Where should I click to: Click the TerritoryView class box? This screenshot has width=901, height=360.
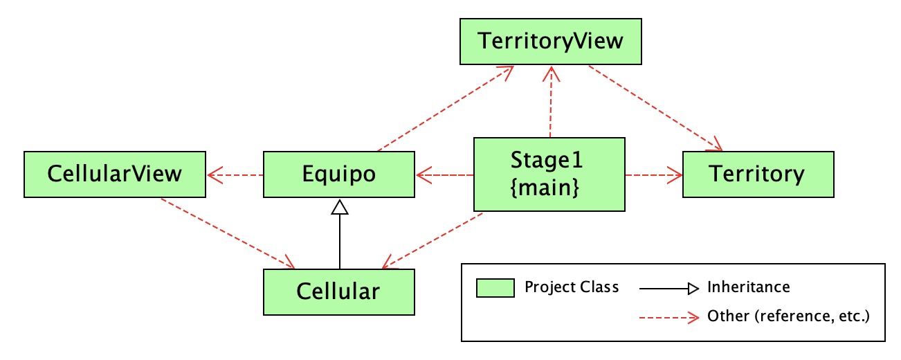pyautogui.click(x=551, y=42)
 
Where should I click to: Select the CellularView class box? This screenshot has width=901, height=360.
pyautogui.click(x=115, y=174)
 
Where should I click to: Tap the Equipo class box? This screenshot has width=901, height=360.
pyautogui.click(x=339, y=174)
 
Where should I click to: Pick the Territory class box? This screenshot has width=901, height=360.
pyautogui.click(x=758, y=174)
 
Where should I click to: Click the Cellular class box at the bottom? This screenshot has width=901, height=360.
pyautogui.click(x=339, y=292)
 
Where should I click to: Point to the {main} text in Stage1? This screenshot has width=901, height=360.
pyautogui.click(x=545, y=188)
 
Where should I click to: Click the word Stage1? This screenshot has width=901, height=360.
pyautogui.click(x=547, y=161)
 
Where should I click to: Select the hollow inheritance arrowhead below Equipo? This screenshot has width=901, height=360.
pyautogui.click(x=340, y=207)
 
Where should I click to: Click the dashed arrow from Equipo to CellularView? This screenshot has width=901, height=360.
pyautogui.click(x=235, y=175)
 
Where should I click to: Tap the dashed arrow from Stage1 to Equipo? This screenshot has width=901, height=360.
pyautogui.click(x=445, y=175)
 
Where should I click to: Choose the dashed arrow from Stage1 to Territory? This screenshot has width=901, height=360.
pyautogui.click(x=654, y=175)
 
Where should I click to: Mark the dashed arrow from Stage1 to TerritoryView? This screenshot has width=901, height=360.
pyautogui.click(x=551, y=102)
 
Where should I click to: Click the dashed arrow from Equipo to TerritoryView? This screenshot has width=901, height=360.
pyautogui.click(x=446, y=109)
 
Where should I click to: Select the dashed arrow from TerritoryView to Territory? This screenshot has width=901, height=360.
pyautogui.click(x=655, y=109)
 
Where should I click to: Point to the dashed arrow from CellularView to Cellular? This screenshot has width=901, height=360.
pyautogui.click(x=228, y=234)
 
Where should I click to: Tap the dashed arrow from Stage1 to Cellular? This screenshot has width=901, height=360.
pyautogui.click(x=433, y=240)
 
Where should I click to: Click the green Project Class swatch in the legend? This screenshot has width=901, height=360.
pyautogui.click(x=495, y=288)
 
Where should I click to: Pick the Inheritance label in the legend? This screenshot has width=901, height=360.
pyautogui.click(x=749, y=287)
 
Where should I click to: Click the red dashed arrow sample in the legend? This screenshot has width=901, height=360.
pyautogui.click(x=669, y=318)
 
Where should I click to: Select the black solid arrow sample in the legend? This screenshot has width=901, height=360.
pyautogui.click(x=669, y=289)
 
